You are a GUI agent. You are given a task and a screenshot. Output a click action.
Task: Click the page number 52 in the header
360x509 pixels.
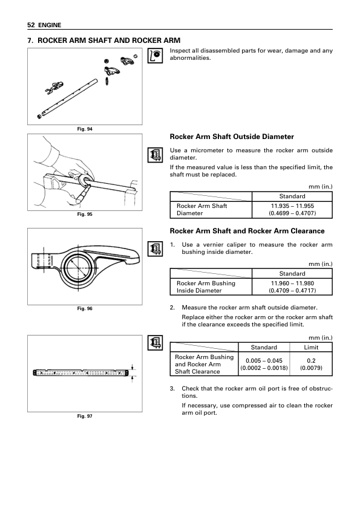(x=31, y=25)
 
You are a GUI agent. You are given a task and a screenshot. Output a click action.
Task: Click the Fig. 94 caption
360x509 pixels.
(x=85, y=129)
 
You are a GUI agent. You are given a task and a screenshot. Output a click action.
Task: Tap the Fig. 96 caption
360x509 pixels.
(x=85, y=308)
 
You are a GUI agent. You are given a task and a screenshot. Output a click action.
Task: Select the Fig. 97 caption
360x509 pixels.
(x=85, y=416)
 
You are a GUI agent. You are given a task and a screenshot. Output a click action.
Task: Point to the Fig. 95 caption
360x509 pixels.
(x=85, y=214)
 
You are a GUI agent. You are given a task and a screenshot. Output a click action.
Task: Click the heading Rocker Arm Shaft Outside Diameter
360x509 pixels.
(x=232, y=137)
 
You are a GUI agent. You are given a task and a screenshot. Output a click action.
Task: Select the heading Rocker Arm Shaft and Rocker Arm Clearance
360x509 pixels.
(x=247, y=231)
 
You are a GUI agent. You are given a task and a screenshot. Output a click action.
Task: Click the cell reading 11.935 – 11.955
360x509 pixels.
(x=292, y=209)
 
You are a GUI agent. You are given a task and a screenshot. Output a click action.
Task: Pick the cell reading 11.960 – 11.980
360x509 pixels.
(x=292, y=287)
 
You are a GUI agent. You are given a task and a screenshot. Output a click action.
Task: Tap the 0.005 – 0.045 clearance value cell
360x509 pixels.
(x=264, y=364)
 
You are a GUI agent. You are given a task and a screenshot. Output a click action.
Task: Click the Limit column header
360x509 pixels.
(x=311, y=348)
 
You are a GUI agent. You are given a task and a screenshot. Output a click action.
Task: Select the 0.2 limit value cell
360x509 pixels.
(x=311, y=364)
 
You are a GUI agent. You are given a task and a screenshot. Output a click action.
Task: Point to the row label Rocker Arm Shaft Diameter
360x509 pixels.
(x=201, y=209)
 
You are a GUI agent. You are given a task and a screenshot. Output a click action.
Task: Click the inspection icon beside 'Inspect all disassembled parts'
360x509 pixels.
(x=155, y=56)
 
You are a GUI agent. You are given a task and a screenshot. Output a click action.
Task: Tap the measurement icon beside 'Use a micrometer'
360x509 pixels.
(x=155, y=155)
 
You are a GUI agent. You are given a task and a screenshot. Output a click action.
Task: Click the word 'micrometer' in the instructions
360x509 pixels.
(x=206, y=151)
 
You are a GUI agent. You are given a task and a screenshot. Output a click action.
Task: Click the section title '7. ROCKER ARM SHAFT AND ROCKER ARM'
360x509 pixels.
(x=104, y=41)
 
